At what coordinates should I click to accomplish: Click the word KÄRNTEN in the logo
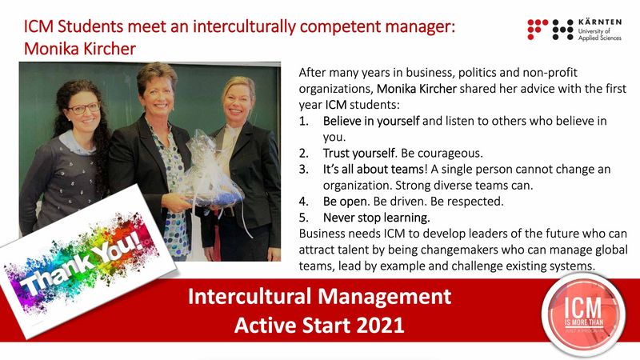click(x=599, y=22)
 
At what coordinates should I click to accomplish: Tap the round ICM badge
click(x=583, y=314)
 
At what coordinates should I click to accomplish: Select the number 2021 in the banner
click(x=380, y=326)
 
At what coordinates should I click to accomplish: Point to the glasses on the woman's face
click(x=83, y=108)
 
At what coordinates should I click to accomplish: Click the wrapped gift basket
click(x=210, y=171)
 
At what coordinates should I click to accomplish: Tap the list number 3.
click(x=304, y=169)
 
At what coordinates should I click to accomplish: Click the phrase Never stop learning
click(x=376, y=218)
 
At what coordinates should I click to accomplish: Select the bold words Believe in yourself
click(x=371, y=121)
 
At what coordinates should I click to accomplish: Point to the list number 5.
click(x=304, y=218)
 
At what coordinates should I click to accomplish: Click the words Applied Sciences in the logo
click(x=599, y=38)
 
